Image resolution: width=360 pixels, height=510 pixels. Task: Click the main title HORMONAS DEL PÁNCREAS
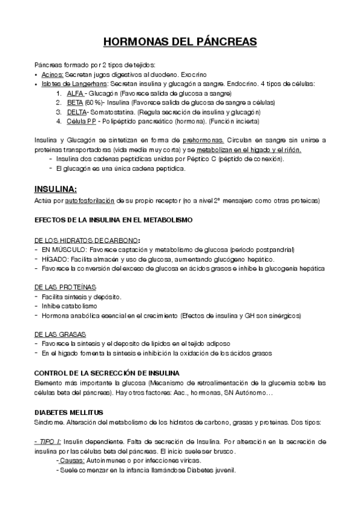tap(180, 41)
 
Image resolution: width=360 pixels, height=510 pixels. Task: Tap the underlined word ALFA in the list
tap(75, 94)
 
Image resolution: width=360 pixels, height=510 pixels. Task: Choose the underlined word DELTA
tap(77, 112)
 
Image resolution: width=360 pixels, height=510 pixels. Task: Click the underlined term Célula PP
tap(81, 121)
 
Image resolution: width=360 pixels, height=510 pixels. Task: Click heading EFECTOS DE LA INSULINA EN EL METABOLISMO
tap(114, 221)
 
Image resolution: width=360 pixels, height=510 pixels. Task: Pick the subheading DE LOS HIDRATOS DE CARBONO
tap(87, 240)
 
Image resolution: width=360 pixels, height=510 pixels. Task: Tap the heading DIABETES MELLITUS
tap(69, 412)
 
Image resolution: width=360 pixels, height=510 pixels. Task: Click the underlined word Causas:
tap(71, 460)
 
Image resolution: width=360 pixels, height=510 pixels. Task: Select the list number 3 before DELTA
tap(58, 112)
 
